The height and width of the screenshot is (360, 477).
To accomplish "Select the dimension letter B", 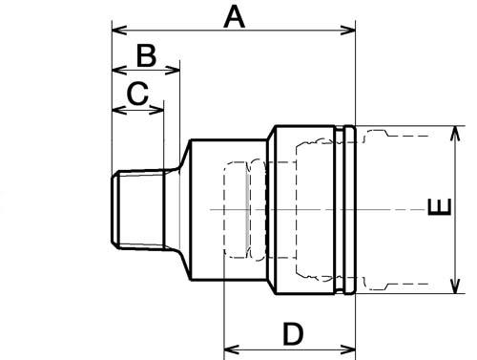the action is coord(146,56).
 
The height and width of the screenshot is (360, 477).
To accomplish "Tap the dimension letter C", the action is coord(137,94).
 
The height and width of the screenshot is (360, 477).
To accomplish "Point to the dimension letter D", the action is coord(293,333).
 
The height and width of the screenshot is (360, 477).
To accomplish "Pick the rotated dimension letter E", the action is coord(440,207).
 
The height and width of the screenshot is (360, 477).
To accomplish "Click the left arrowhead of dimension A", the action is coord(119,31).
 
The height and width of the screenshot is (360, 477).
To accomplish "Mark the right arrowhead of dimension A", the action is coord(347,31).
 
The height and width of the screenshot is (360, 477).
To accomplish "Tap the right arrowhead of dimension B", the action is coord(172,70).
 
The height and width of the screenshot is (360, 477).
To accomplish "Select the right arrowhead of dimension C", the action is coord(156,110).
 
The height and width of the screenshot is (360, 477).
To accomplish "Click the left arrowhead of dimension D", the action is coord(232,349).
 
